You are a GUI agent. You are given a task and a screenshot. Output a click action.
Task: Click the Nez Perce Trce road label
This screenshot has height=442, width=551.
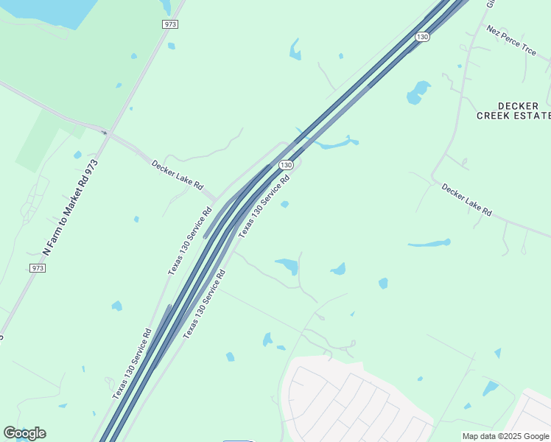coord(511,39)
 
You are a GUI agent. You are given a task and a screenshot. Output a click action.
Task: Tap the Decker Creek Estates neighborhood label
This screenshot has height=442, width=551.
coord(514,110)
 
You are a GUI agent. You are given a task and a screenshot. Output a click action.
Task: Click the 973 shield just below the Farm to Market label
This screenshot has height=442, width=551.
coord(38,268)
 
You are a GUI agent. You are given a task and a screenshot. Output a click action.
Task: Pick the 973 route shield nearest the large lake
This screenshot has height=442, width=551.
coord(170,24)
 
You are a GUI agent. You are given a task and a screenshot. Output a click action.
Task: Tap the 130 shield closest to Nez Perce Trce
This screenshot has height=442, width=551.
coord(421,36)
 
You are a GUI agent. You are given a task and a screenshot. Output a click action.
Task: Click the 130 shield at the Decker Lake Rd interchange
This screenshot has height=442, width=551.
coord(287,164)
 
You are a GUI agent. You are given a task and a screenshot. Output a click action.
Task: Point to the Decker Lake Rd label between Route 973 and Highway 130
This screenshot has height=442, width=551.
coord(177,175)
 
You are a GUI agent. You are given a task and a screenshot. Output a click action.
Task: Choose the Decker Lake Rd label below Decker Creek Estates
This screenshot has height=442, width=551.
coord(466,200)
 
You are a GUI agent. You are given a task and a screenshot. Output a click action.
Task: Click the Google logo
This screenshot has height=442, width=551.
coord(24,433)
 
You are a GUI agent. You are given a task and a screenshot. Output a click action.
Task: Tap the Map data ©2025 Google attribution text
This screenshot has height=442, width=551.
coord(505,436)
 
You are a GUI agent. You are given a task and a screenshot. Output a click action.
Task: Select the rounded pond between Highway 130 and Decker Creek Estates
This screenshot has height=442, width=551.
coord(418,92)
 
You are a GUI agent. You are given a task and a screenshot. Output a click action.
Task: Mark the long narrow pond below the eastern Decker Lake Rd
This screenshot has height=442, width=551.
coord(429,243)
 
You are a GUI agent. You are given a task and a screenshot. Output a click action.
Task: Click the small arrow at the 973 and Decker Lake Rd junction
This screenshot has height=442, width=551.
coord(105,133)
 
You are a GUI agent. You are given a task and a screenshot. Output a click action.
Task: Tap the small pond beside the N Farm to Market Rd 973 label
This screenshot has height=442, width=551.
coord(77,155)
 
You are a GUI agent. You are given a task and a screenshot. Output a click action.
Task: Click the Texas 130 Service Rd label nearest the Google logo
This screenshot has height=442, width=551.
coord(132,364)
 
